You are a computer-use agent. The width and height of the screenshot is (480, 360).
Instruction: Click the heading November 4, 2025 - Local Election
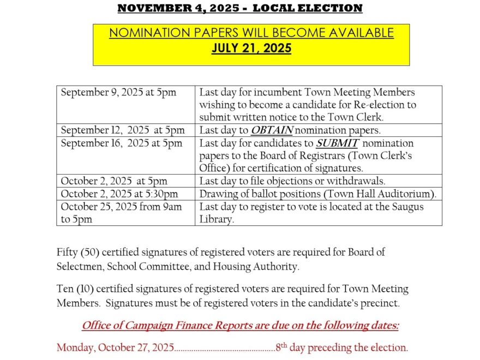239,8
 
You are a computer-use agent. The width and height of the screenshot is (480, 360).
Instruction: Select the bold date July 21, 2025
251,49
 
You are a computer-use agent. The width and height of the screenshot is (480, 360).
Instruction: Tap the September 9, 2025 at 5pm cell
118,93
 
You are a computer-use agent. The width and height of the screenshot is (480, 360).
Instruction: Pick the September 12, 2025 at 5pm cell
123,130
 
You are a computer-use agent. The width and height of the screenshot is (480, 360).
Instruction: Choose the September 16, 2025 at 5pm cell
122,143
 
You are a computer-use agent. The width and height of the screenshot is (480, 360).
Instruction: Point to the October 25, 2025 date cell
121,207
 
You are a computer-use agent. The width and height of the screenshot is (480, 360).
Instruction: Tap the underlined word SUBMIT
337,143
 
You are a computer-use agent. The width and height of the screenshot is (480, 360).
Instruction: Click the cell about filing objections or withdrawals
292,181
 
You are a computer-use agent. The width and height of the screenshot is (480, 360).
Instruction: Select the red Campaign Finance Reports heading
240,326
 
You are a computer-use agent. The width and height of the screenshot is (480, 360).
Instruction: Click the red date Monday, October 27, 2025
116,347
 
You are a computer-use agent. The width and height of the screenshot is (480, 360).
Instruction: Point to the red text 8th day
297,347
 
